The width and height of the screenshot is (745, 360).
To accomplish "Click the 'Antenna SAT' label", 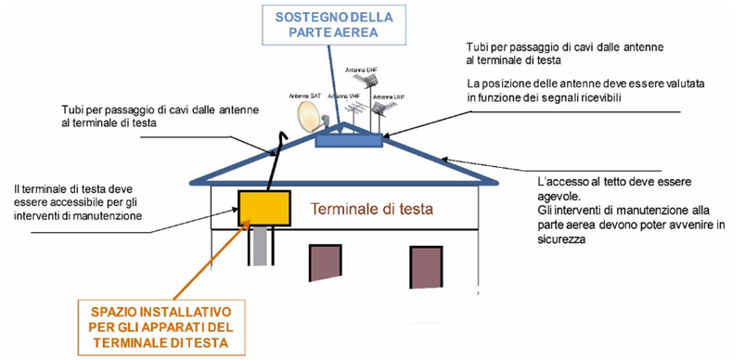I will pyautogui.click(x=303, y=95).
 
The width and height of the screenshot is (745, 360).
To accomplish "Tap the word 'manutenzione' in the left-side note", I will pyautogui.click(x=107, y=215).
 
